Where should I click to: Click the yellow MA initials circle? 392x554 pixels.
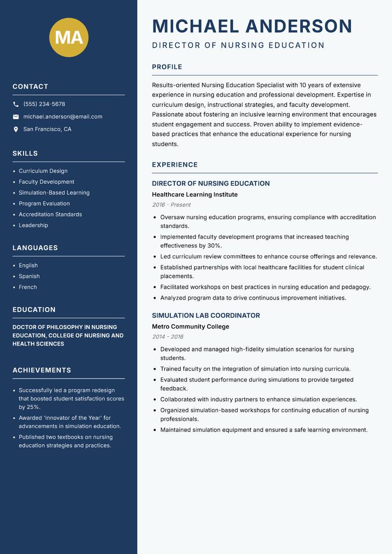pos(69,37)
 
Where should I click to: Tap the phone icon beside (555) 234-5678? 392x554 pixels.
pos(16,104)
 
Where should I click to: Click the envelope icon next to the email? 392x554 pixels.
pos(16,117)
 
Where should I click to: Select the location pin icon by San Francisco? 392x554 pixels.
pos(16,129)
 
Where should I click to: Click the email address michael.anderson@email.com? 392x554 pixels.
pos(63,117)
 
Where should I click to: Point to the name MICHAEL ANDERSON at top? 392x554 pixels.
pos(252,26)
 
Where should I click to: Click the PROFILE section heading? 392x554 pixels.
pos(167,67)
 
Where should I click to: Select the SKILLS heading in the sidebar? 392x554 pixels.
pos(25,153)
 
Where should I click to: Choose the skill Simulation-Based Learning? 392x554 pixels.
pos(54,193)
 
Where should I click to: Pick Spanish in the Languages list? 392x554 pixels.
pos(29,276)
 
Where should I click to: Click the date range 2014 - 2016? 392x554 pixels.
pos(168,337)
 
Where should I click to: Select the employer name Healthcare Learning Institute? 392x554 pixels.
pos(195,195)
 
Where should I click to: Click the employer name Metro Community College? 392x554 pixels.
pos(190,327)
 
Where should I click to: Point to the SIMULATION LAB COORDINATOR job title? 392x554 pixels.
pos(206,316)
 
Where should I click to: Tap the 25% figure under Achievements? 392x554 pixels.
pos(33,407)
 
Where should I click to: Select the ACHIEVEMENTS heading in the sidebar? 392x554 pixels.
pos(42,370)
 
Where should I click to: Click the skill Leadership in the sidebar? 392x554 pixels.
pos(33,225)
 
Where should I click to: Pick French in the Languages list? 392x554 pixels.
pos(27,287)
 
